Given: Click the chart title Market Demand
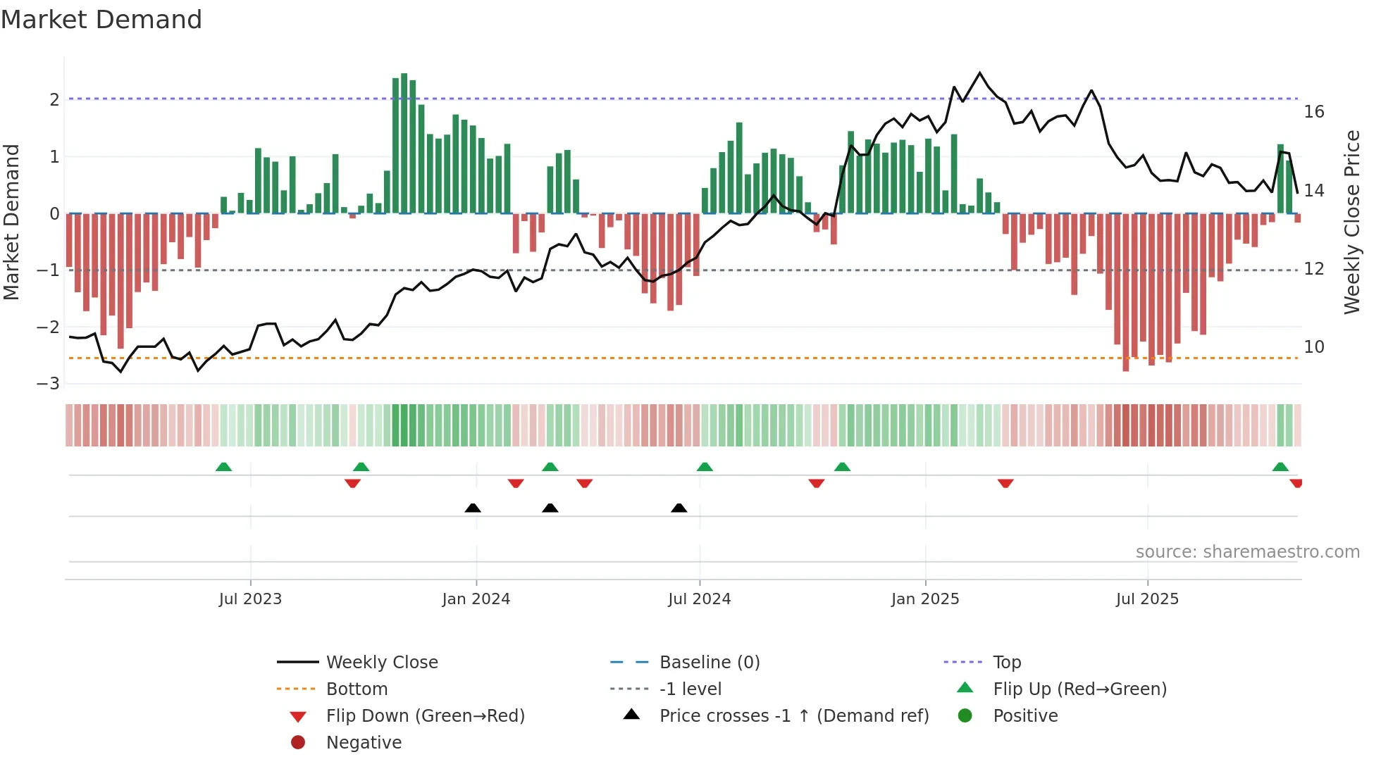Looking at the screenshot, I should [101, 20].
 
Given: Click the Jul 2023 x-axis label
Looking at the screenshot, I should [250, 599].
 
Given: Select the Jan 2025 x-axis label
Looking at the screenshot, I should [924, 599].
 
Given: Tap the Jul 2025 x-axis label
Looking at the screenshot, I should [1147, 599].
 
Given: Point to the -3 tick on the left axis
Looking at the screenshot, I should [48, 384].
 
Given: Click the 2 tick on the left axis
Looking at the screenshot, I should [54, 99].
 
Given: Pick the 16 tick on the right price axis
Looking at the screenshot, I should [1313, 112].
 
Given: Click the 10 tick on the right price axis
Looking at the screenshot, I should [1313, 347].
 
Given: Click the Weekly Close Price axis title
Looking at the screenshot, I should [1351, 222].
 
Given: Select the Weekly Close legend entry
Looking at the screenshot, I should [381, 663].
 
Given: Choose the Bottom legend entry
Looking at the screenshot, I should [357, 689].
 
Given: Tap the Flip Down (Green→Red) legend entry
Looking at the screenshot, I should [425, 716].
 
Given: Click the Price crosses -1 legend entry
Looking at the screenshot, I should [793, 716].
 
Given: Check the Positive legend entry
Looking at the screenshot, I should [1025, 716].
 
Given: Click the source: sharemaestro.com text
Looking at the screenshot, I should [1247, 552].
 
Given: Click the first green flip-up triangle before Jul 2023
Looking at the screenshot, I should [223, 467].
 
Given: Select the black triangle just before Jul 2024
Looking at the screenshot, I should [679, 508].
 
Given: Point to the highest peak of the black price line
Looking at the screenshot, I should [979, 73].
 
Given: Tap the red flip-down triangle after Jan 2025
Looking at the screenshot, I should [1005, 483].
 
